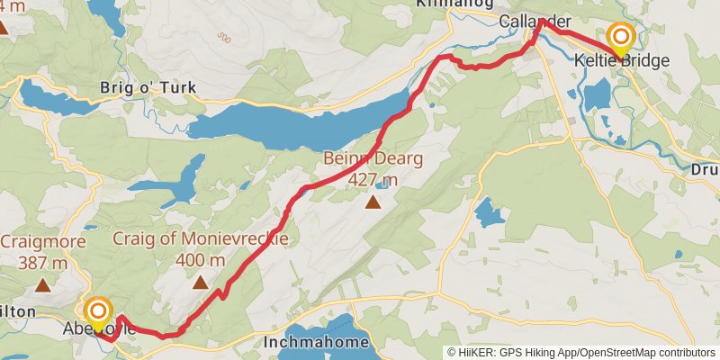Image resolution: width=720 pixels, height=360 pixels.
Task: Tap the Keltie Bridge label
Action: pyautogui.click(x=622, y=61)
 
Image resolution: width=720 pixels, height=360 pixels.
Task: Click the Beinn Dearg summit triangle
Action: pyautogui.click(x=373, y=202)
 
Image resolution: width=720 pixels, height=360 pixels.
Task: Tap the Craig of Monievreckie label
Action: pyautogui.click(x=201, y=239)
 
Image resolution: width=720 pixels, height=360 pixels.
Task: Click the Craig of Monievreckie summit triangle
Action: pyautogui.click(x=201, y=283)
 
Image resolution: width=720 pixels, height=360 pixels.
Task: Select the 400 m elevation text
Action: pyautogui.click(x=201, y=260)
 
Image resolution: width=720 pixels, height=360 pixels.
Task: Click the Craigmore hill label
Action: pyautogui.click(x=43, y=242)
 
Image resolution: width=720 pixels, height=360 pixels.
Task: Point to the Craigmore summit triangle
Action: pyautogui.click(x=43, y=285)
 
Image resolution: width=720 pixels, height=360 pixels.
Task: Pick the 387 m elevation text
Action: pyautogui.click(x=43, y=263)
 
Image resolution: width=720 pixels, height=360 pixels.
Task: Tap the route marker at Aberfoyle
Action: pyautogui.click(x=98, y=314)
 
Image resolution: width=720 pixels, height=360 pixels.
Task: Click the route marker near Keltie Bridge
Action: pyautogui.click(x=621, y=38)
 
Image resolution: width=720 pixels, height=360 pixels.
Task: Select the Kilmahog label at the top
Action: pyautogui.click(x=444, y=4)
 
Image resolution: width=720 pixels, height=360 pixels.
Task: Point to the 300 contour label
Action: pyautogui.click(x=223, y=38)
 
